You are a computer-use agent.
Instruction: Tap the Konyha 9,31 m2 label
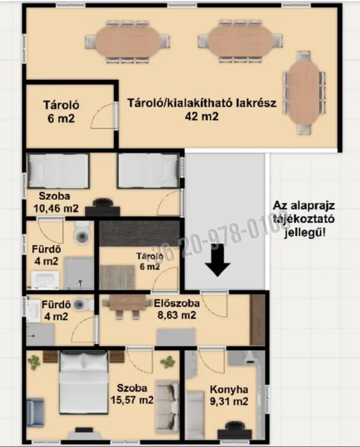[x=229, y=395]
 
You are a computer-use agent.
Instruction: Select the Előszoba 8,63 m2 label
[x=177, y=309]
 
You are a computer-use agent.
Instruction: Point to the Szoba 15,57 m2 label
[x=132, y=394]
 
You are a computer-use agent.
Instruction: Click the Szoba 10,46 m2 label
[x=55, y=202]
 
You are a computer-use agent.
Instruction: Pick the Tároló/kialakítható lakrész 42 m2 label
[x=202, y=109]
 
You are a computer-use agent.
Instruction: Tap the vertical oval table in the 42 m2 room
[x=304, y=93]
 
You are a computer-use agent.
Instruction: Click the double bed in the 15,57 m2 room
[x=83, y=382]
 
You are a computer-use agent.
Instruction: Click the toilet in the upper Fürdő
[x=82, y=232]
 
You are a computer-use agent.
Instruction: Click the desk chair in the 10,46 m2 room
[x=103, y=202]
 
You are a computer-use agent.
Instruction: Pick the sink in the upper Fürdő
[x=45, y=280]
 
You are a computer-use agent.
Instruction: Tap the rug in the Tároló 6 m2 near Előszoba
[x=117, y=277]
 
